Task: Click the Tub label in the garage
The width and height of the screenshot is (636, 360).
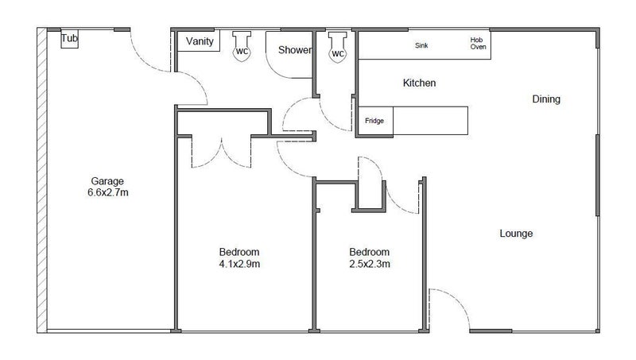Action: (71, 38)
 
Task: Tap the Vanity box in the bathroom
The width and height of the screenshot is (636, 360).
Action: (199, 41)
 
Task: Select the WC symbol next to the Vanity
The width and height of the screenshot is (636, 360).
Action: (242, 48)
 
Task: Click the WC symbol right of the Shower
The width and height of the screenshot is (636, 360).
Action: (338, 49)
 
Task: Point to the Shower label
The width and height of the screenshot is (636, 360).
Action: (294, 50)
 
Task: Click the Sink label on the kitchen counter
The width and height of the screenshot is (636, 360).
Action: (421, 45)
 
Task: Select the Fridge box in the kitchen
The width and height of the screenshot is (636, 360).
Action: (374, 121)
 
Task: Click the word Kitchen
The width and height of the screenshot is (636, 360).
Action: (419, 83)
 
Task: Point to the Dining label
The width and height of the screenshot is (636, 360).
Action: (546, 99)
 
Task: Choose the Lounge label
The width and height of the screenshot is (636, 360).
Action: (516, 234)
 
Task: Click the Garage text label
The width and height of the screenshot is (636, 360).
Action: (107, 180)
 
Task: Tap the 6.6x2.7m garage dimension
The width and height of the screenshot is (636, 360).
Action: (107, 192)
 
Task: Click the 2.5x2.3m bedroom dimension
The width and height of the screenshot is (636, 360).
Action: (369, 264)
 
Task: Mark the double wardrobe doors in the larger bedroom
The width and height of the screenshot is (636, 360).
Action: (222, 152)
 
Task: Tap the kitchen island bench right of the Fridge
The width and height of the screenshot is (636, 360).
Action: (430, 122)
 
